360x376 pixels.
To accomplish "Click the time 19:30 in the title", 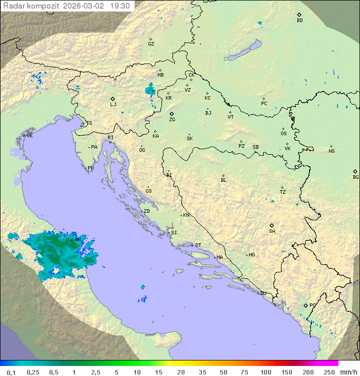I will click(x=120, y=6).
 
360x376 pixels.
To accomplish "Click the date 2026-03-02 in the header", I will click(x=84, y=6).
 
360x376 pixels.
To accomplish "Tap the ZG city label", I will click(x=172, y=120).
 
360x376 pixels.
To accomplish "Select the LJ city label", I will click(x=113, y=105).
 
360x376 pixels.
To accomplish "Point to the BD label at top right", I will click(x=299, y=21).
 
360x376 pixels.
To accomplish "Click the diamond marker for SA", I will click(x=272, y=225).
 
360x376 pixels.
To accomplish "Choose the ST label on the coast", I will click(x=198, y=245).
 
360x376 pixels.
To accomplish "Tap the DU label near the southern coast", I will click(x=263, y=293).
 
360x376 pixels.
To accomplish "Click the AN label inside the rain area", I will click(x=77, y=240).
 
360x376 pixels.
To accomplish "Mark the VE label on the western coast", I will click(x=29, y=136).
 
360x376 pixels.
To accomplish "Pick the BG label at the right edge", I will click(x=355, y=177).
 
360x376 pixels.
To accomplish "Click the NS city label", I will click(x=331, y=151).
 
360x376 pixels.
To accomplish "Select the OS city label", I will click(x=283, y=134).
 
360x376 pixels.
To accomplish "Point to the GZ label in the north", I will click(x=151, y=44).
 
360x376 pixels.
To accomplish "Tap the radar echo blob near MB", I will click(x=149, y=90).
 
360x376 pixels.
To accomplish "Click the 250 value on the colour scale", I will click(x=329, y=372).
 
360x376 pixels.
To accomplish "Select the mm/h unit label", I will click(x=348, y=372).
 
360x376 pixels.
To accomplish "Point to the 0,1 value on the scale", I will click(x=11, y=372).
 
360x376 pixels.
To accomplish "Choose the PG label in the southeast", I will click(x=312, y=305).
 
